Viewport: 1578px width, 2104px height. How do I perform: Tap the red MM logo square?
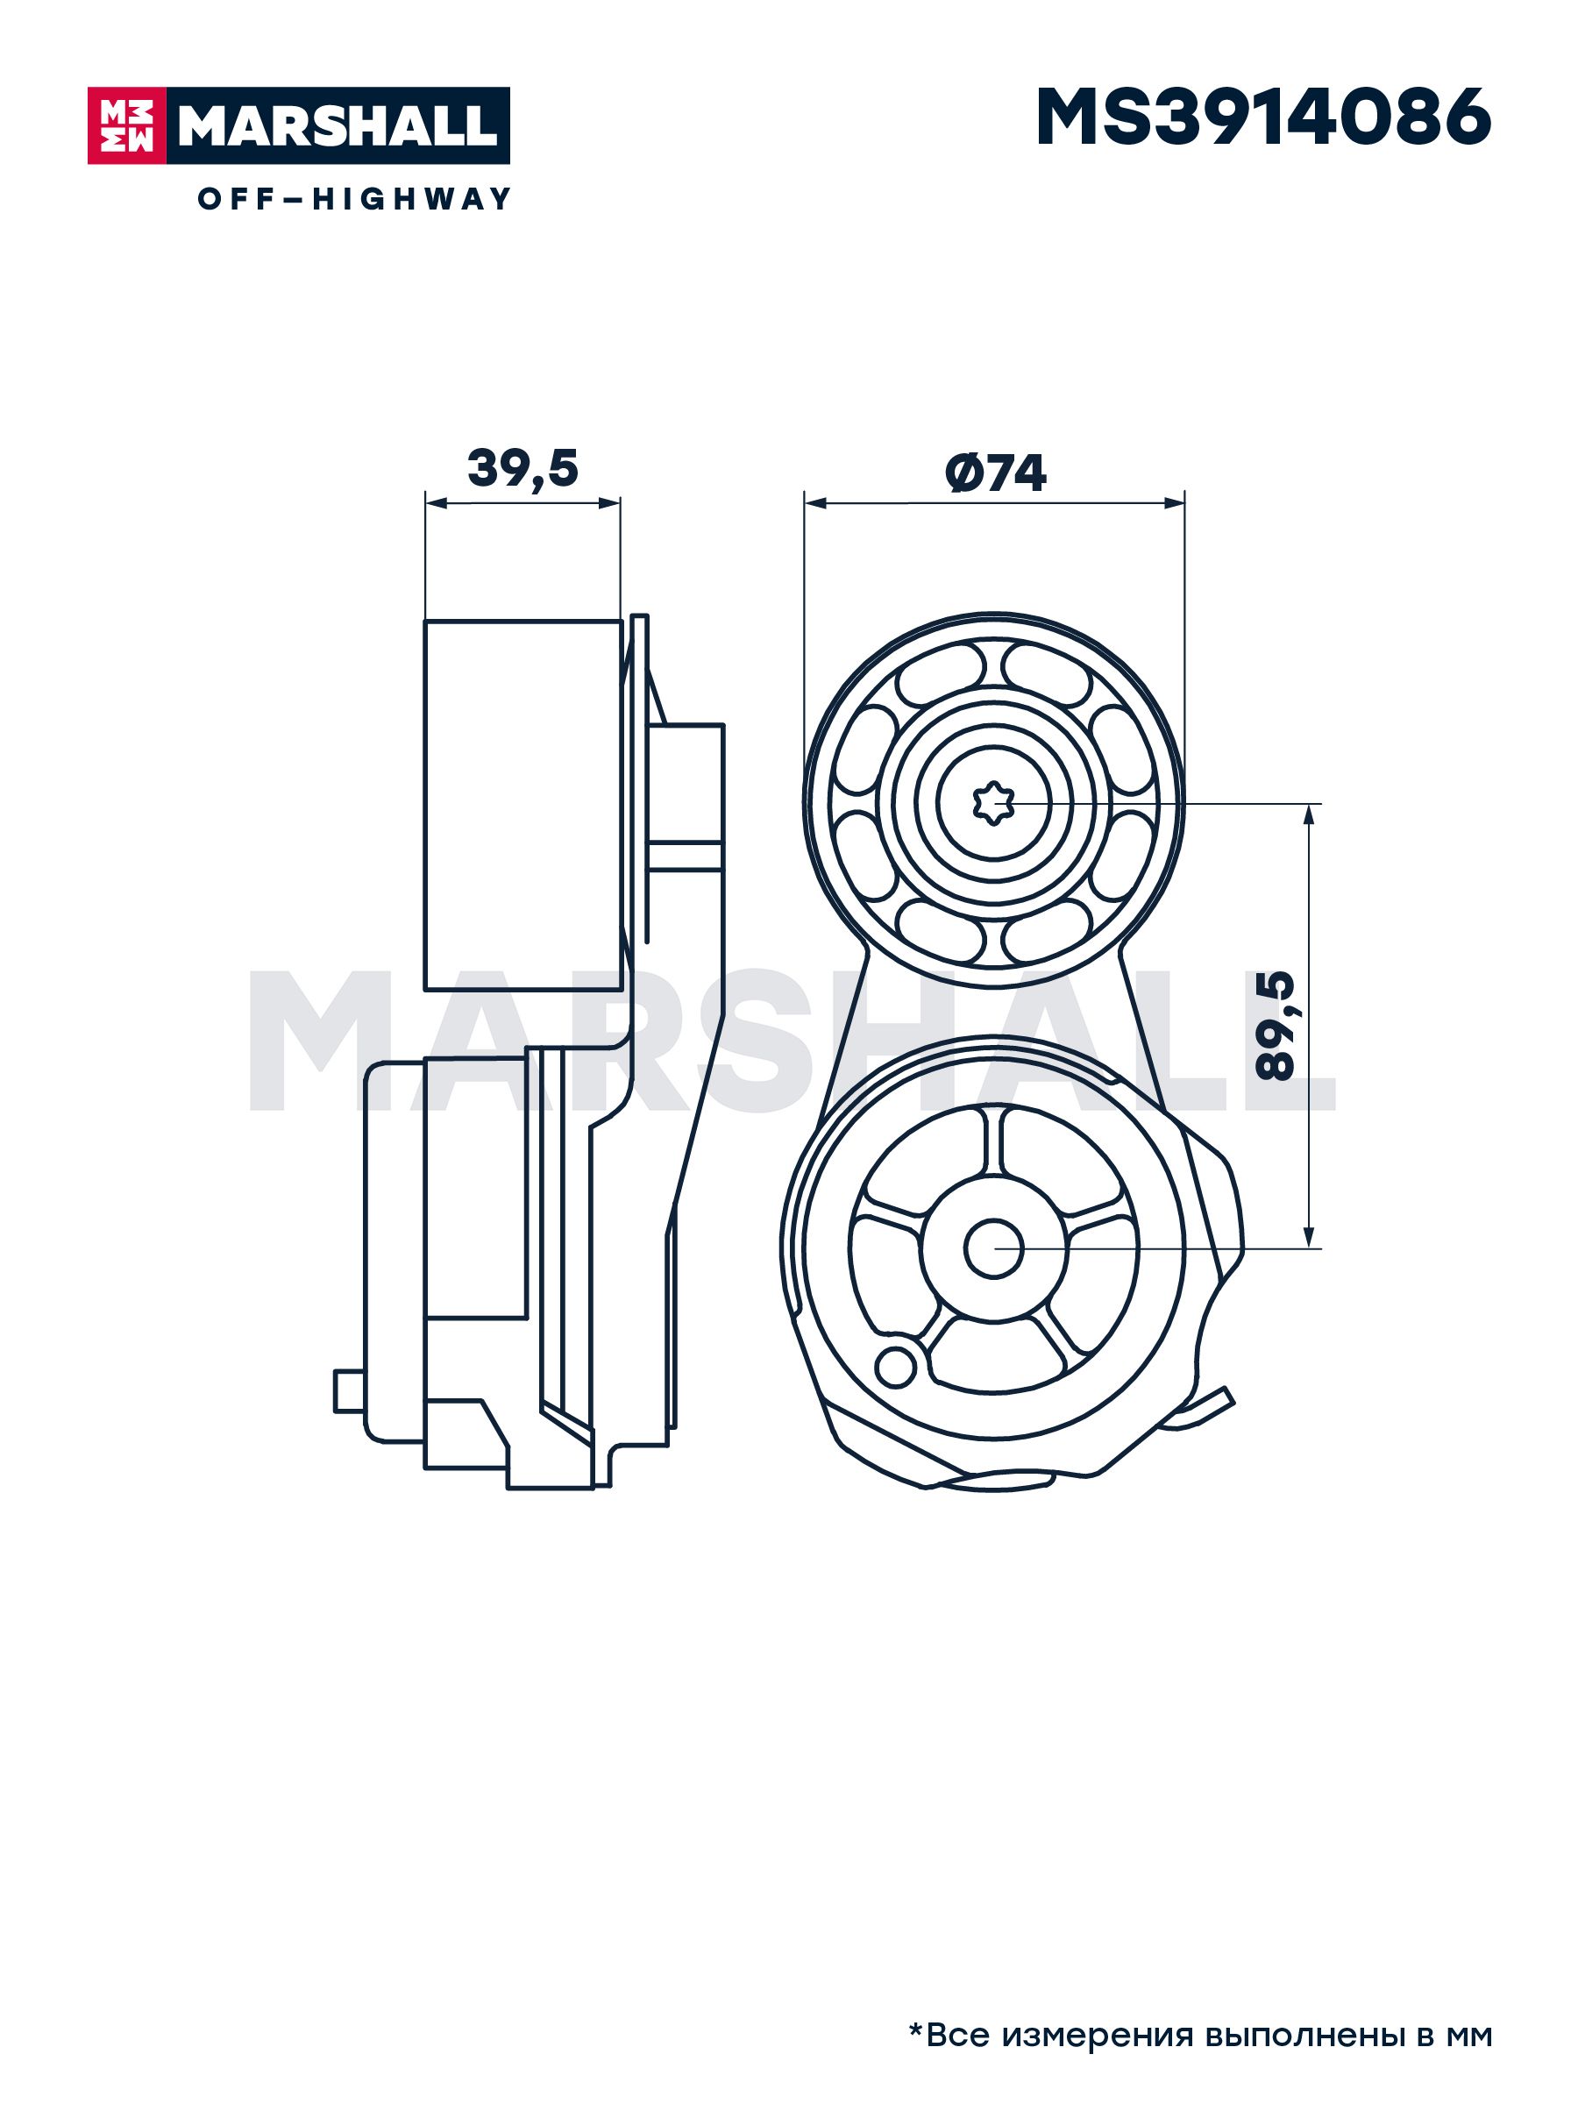click(x=126, y=125)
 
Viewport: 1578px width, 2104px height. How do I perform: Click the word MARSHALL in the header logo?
click(x=338, y=126)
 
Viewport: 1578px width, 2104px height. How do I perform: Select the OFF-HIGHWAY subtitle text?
click(x=354, y=199)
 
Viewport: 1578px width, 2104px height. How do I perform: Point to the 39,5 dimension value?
click(x=522, y=468)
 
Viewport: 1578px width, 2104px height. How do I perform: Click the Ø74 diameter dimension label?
click(x=995, y=472)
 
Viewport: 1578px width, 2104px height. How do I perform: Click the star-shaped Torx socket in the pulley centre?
click(x=994, y=805)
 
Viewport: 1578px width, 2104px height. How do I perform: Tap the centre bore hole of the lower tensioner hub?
click(x=994, y=1248)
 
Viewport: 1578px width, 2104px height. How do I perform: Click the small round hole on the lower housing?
click(x=895, y=1367)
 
